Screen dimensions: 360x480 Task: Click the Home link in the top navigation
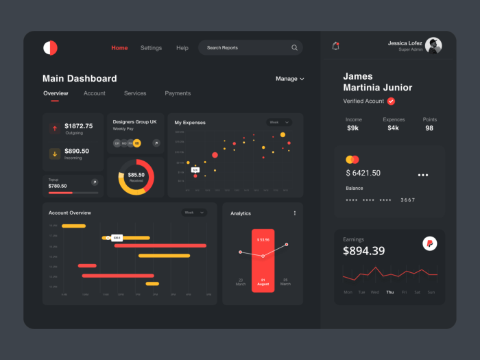[x=119, y=48]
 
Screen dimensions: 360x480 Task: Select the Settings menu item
[x=151, y=48]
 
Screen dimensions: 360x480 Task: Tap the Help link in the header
[x=182, y=48]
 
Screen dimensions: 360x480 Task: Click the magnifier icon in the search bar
[x=294, y=48]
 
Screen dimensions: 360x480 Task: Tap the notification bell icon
[x=335, y=46]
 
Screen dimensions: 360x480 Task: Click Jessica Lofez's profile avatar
[x=433, y=46]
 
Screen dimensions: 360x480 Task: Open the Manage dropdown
[x=289, y=79]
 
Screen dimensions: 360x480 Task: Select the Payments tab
[x=178, y=93]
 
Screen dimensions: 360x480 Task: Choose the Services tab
[x=135, y=93]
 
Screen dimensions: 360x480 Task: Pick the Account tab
[x=95, y=93]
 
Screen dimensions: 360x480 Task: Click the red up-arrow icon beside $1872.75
[x=54, y=128]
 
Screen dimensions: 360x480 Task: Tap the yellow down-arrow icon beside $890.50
[x=54, y=154]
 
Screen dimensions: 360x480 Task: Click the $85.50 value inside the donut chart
[x=136, y=175]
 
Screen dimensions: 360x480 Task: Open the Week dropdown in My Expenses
[x=278, y=122]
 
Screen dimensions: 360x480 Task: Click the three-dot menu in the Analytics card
[x=295, y=213]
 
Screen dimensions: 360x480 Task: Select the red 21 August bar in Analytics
[x=263, y=261]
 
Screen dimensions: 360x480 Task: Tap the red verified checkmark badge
[x=391, y=101]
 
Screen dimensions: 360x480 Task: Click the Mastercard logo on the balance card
[x=352, y=160]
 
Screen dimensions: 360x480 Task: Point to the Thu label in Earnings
[x=389, y=292]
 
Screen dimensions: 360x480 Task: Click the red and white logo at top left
[x=50, y=48]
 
